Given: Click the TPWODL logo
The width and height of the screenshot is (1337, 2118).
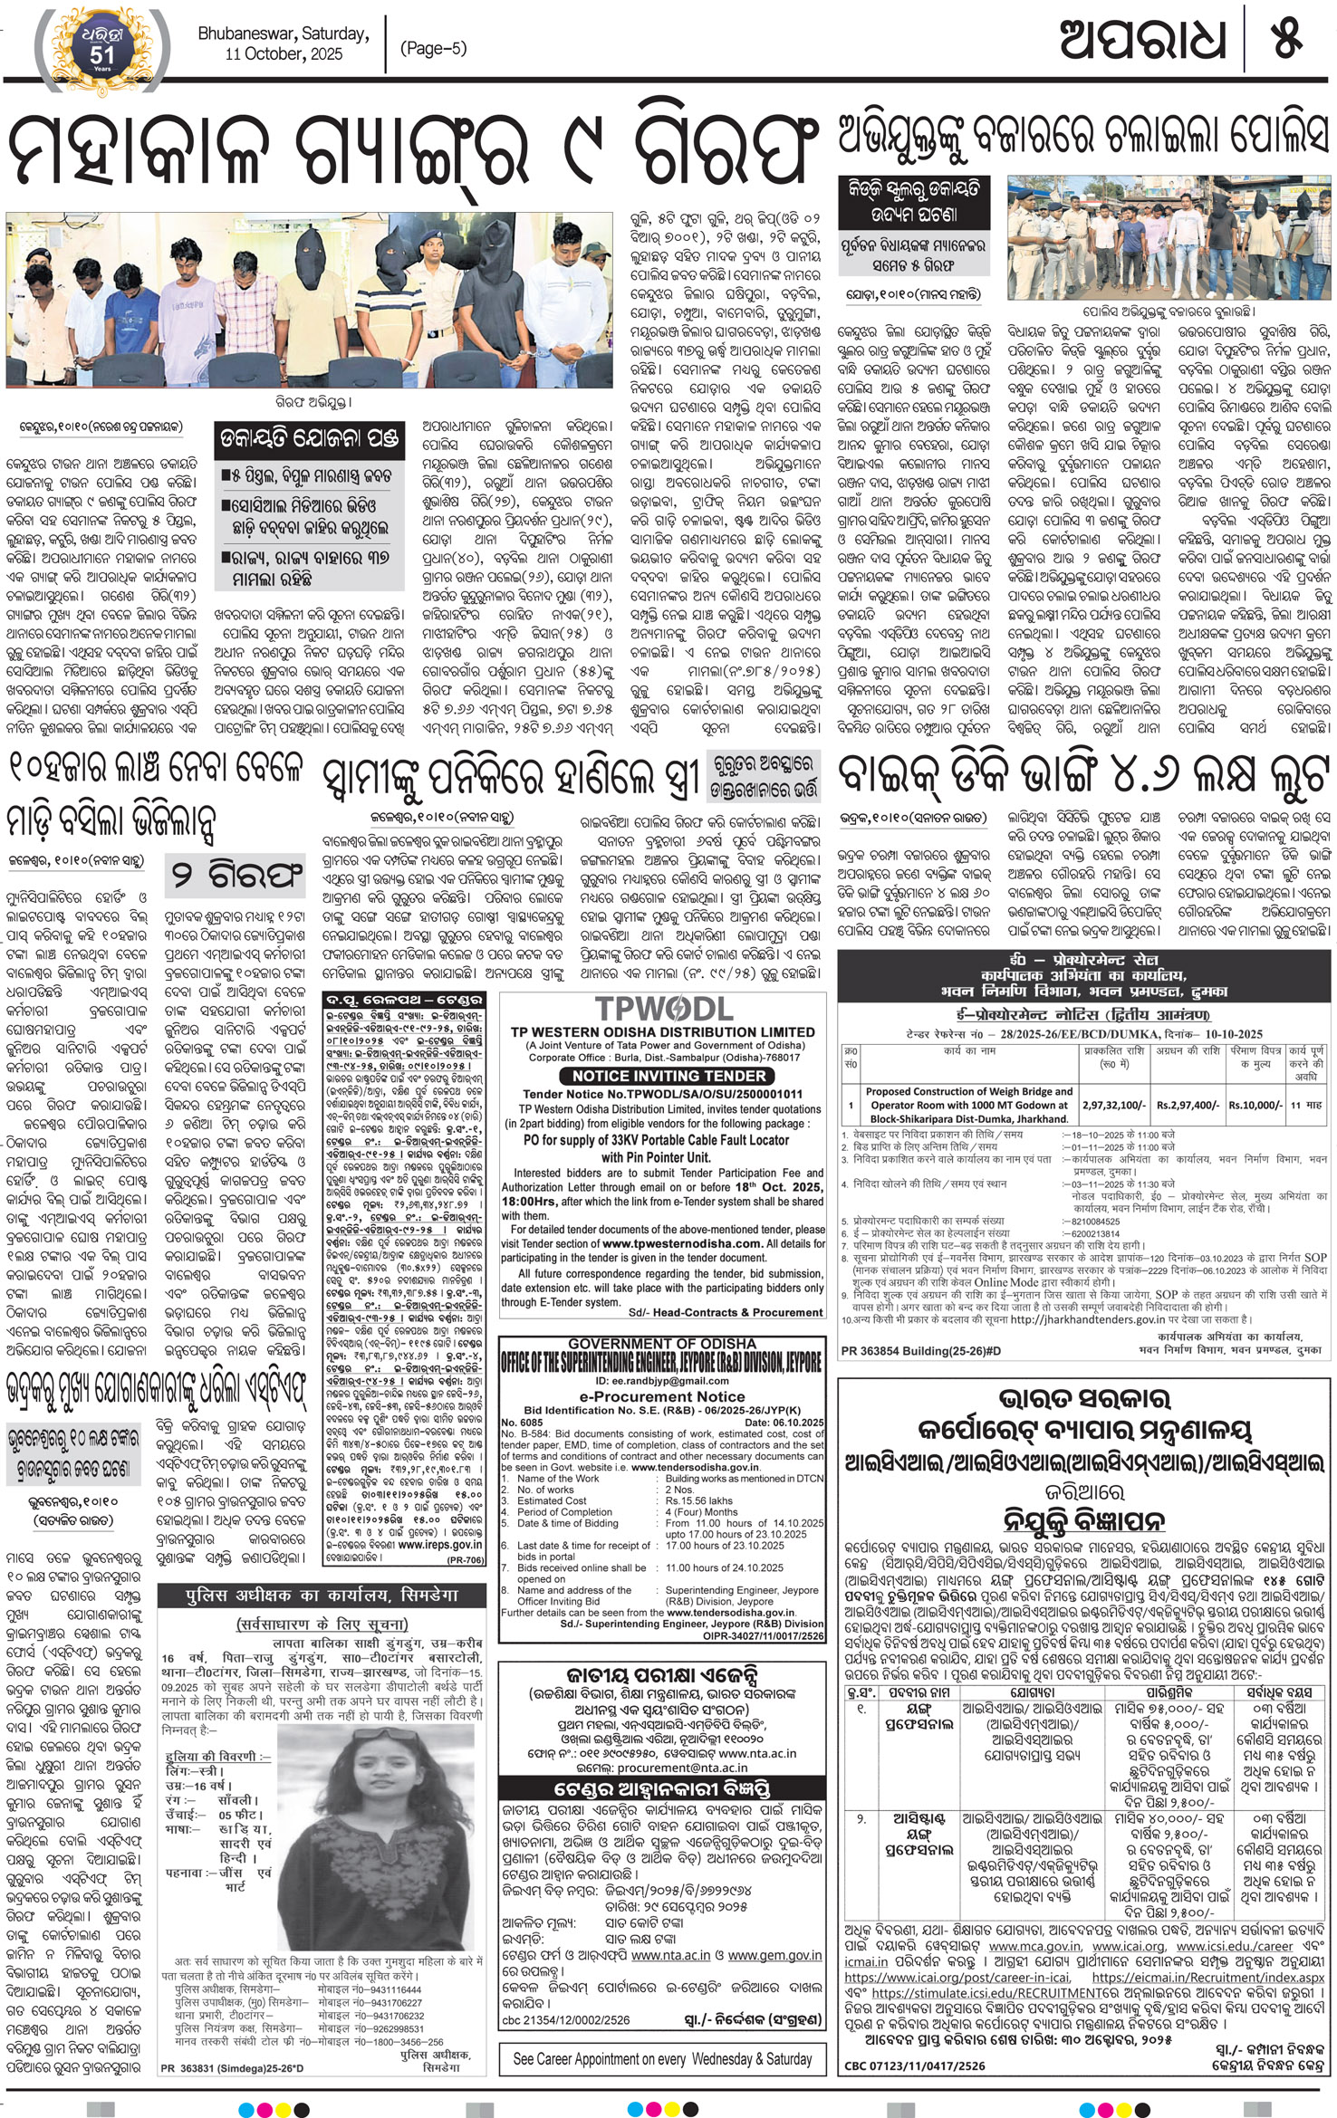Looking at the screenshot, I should [x=664, y=1009].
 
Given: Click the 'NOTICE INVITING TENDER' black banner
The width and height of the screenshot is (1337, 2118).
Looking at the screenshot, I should [x=668, y=1076].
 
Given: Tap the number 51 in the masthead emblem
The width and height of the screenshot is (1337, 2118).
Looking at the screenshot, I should [x=101, y=54].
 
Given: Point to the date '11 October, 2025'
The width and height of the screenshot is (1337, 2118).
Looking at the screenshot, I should [x=284, y=54].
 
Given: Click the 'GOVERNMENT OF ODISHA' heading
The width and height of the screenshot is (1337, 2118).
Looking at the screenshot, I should [x=662, y=1343].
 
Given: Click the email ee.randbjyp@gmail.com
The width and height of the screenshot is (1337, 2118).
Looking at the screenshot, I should [x=662, y=1381].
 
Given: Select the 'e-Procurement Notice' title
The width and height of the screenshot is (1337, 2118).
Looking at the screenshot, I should [x=662, y=1397].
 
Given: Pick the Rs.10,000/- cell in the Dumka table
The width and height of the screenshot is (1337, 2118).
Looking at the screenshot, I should [x=1255, y=1106].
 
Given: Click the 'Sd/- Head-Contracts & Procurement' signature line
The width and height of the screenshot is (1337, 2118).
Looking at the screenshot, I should [x=725, y=1312].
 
